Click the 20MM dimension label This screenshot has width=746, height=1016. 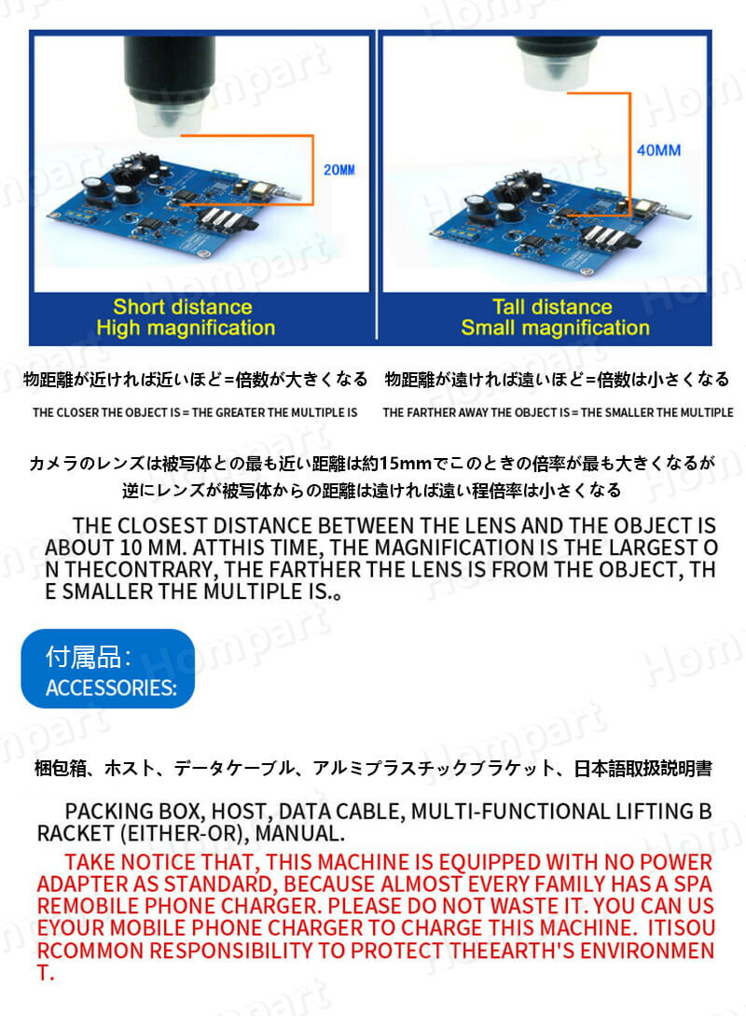pos(339,170)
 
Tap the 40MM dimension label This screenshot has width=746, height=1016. pos(658,150)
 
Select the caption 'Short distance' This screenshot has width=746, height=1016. pos(183,307)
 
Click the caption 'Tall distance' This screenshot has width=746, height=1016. pos(552,307)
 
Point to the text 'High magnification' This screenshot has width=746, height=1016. pos(186,327)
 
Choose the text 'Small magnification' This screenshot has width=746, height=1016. pos(555,327)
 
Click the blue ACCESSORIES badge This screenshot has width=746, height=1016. pos(108,669)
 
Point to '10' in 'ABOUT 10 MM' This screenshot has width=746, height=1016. pos(131,549)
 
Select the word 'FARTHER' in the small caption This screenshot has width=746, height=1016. pos(428,412)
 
